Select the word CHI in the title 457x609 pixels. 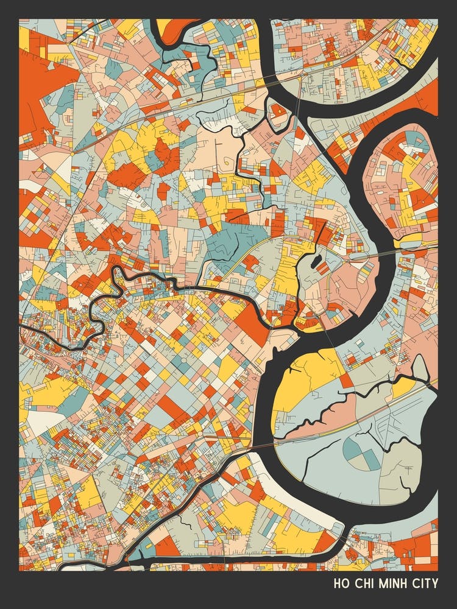pyautogui.click(x=364, y=583)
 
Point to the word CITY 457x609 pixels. pyautogui.click(x=425, y=583)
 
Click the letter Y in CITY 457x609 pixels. pyautogui.click(x=434, y=583)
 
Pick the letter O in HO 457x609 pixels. pyautogui.click(x=344, y=583)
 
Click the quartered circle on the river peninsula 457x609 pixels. pyautogui.click(x=360, y=452)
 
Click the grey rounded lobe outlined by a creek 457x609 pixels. pyautogui.click(x=420, y=369)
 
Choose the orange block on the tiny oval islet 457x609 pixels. pyautogui.click(x=277, y=111)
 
